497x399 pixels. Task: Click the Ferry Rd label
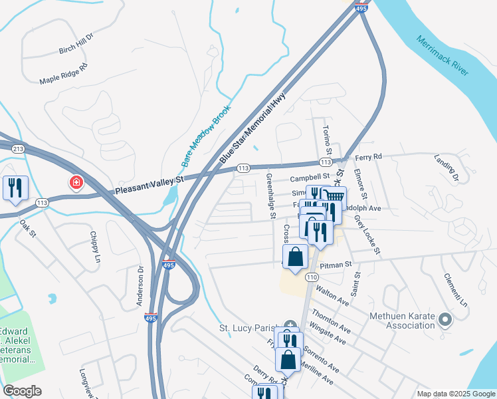369,157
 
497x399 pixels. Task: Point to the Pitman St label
335,265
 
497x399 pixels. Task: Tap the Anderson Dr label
140,287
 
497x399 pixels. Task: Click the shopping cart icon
334,196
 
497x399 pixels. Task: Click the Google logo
23,391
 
